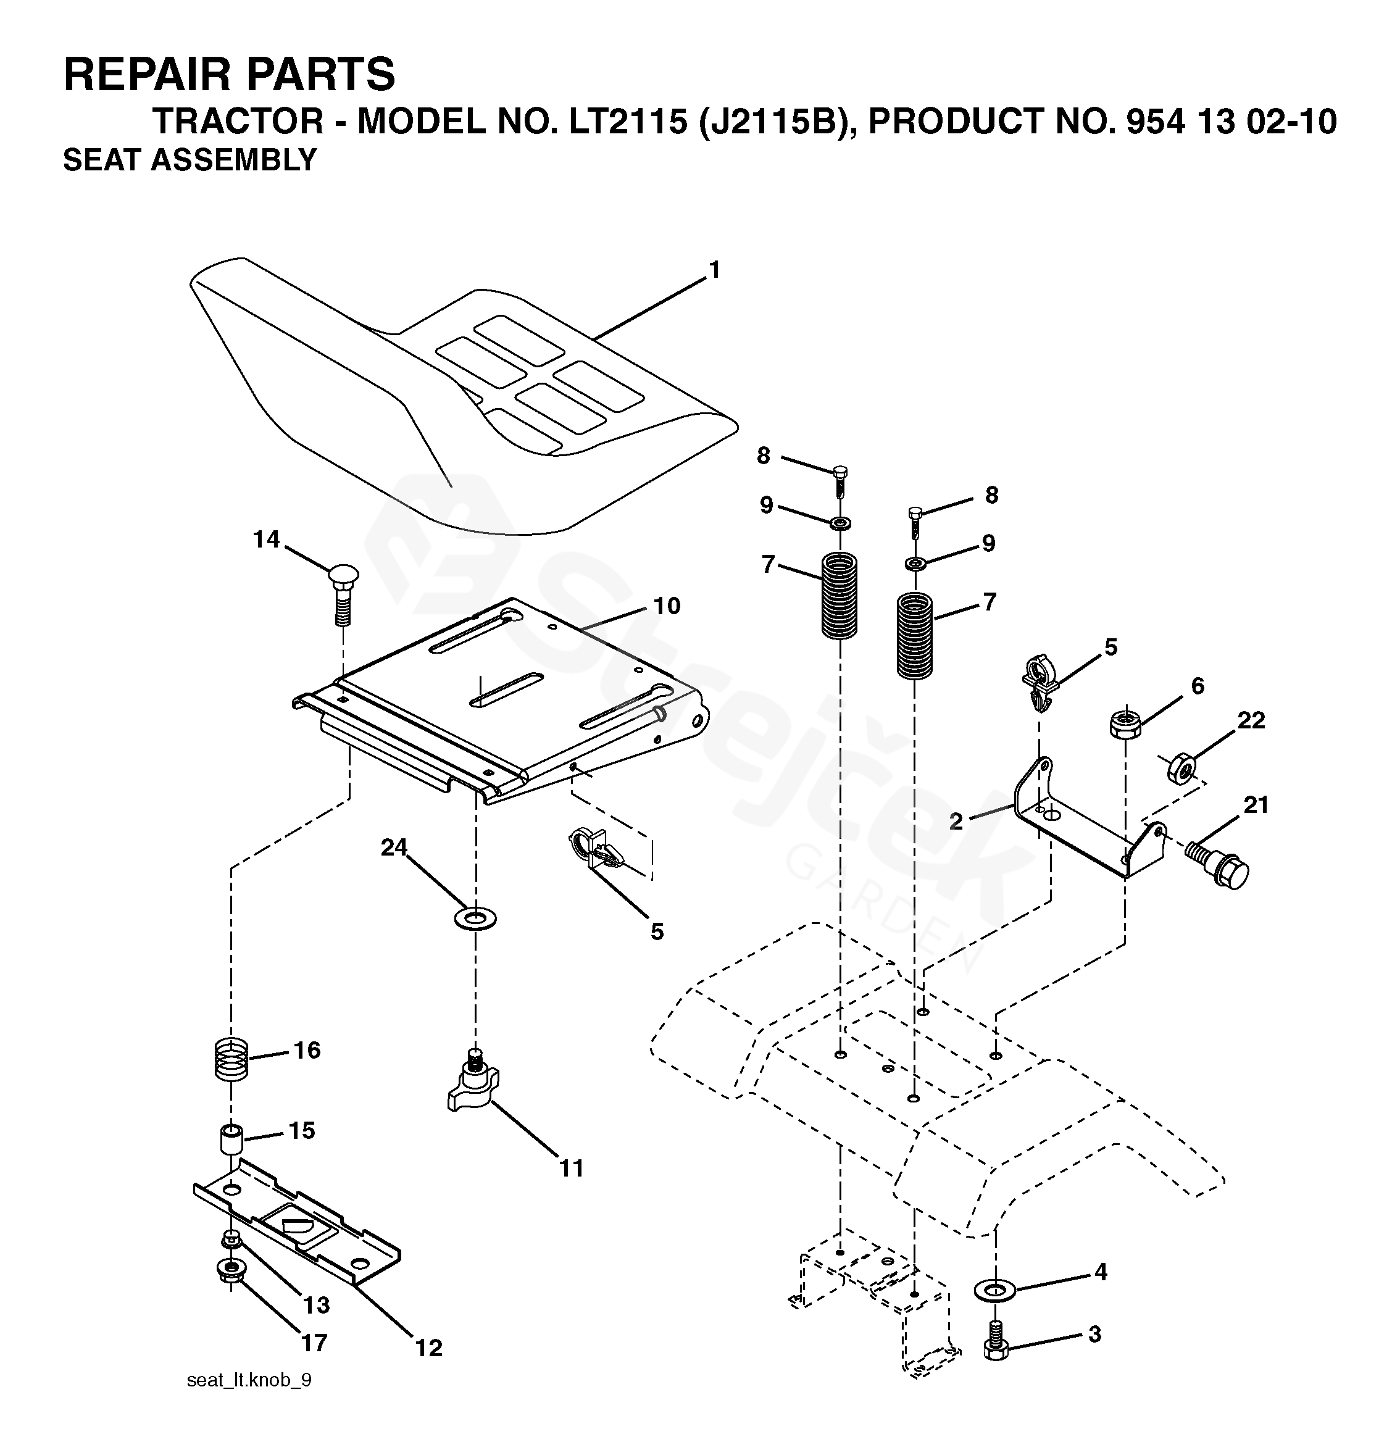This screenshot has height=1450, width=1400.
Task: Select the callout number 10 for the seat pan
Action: tap(666, 606)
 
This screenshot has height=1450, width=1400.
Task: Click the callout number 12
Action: tap(428, 1348)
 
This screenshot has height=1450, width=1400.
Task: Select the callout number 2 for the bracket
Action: tap(956, 820)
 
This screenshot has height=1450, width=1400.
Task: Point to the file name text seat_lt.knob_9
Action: tap(249, 1401)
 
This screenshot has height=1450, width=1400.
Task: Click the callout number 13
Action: tap(316, 1305)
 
